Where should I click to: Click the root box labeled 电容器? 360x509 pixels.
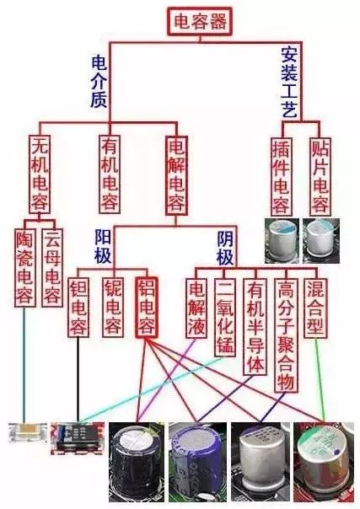[200, 21]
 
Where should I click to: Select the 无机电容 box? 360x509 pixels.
[40, 174]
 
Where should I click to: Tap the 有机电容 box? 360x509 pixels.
[110, 174]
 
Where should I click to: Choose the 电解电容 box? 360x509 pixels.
[176, 175]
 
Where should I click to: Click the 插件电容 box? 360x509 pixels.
[281, 176]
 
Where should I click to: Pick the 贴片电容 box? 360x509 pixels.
[320, 176]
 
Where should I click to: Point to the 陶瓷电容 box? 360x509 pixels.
[24, 267]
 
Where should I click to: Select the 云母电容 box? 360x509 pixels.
[52, 267]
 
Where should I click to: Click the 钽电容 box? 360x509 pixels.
[78, 307]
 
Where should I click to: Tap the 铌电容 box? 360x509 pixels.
[113, 307]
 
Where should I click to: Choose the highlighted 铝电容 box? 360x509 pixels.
[147, 307]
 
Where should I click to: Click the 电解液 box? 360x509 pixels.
[196, 308]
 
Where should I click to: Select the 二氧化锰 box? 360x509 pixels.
[225, 317]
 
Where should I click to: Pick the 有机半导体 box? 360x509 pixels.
[255, 327]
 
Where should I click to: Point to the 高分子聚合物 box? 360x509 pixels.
[285, 335]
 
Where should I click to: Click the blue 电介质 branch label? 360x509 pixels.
[99, 81]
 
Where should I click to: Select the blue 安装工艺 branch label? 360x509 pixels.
[289, 82]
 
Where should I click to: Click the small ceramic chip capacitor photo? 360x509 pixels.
[28, 432]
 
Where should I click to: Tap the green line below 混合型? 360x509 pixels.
[320, 380]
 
